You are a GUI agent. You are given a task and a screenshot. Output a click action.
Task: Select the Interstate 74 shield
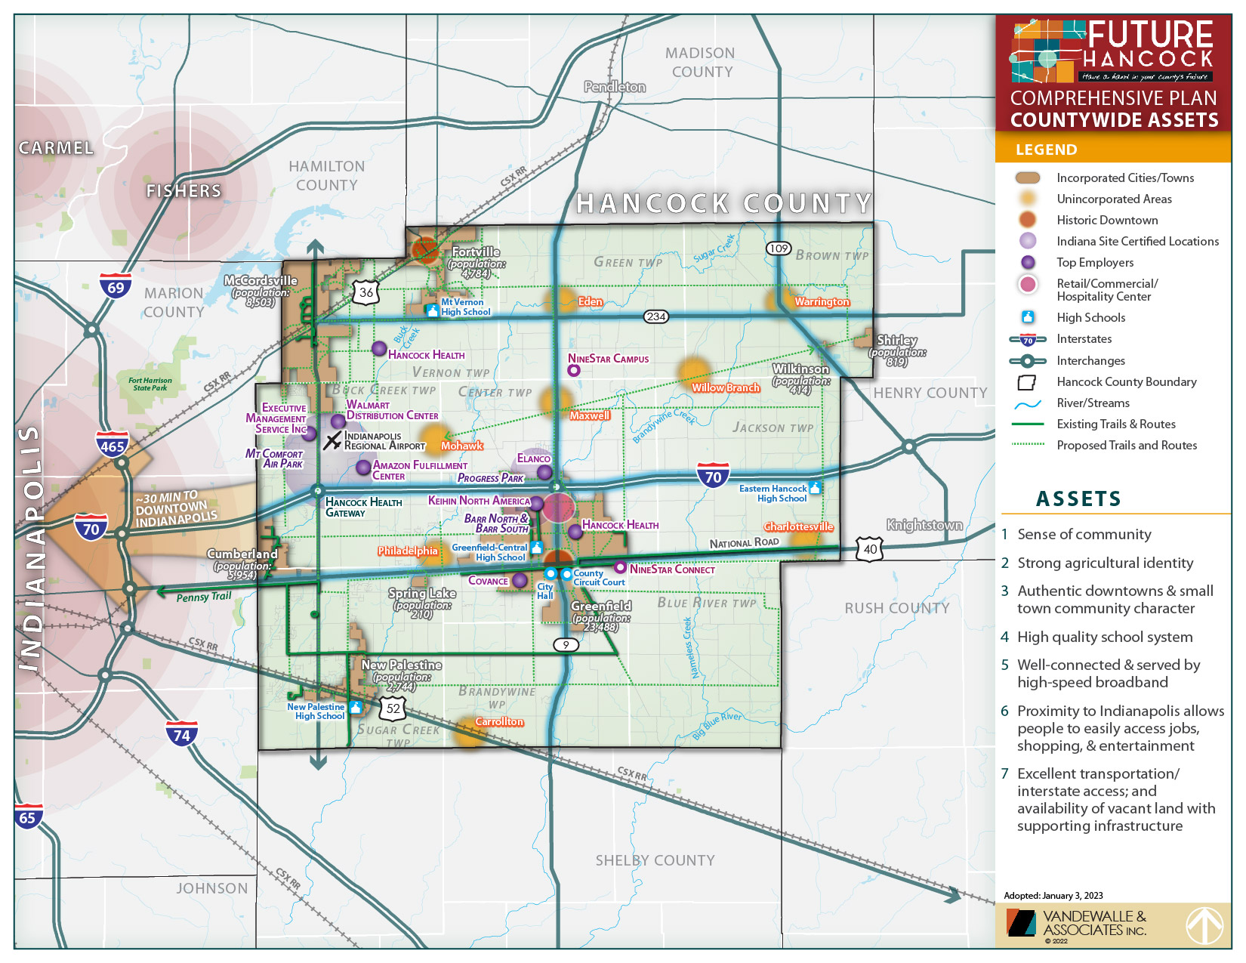(x=181, y=733)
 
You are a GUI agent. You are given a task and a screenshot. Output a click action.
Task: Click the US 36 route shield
(x=366, y=292)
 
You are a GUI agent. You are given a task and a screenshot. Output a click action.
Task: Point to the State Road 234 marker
(x=655, y=316)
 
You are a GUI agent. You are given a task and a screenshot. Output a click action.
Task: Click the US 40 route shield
(x=870, y=549)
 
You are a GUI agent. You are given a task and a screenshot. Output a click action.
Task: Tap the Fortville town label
(x=476, y=252)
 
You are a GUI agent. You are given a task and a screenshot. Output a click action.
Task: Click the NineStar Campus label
(x=608, y=359)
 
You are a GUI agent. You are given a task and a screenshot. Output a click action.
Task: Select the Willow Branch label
(x=726, y=387)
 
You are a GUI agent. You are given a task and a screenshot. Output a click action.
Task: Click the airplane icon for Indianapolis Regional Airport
(x=332, y=441)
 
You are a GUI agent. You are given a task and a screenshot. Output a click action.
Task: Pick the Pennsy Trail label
(x=204, y=597)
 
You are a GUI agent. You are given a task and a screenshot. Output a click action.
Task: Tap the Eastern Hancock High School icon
(x=814, y=488)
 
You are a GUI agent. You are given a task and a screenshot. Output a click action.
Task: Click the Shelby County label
(x=655, y=860)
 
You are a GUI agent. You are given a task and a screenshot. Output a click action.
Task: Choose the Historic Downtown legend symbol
(x=1028, y=220)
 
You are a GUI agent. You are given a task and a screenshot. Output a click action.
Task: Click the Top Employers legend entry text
(x=1095, y=262)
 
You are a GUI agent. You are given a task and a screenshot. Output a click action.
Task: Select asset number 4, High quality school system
(x=1104, y=637)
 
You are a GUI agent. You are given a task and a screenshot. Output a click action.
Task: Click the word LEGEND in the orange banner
(x=1046, y=150)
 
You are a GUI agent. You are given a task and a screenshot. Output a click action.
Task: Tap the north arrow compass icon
(x=1204, y=925)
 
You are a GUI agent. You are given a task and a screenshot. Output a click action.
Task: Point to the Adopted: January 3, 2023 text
(x=1053, y=896)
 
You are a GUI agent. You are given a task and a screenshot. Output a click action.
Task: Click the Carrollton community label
(x=499, y=721)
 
